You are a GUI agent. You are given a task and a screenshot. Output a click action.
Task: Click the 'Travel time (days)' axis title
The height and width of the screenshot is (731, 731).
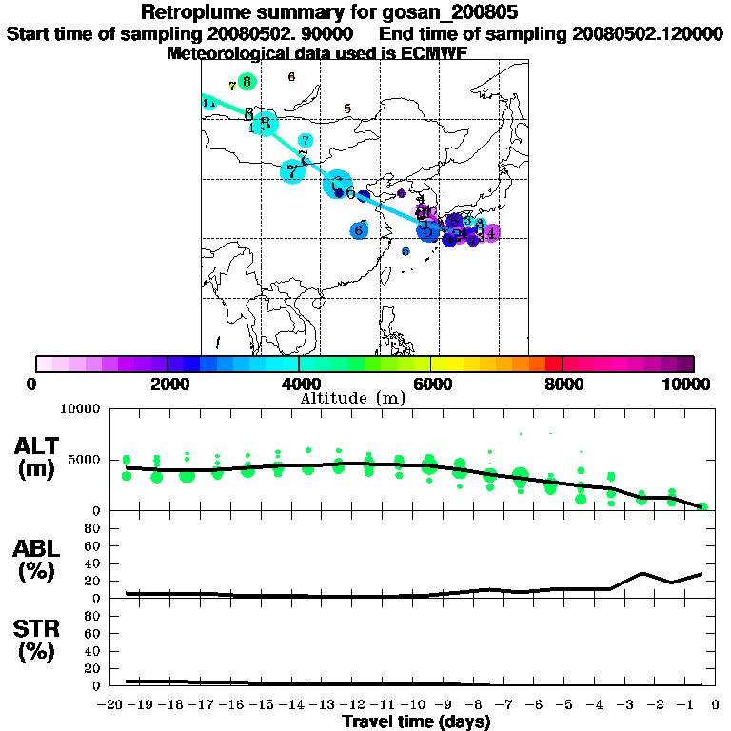coord(416,721)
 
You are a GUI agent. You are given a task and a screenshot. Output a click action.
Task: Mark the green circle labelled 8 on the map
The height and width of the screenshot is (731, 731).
coord(247,82)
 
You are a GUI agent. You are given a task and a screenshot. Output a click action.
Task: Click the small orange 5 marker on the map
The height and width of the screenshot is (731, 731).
coord(347,109)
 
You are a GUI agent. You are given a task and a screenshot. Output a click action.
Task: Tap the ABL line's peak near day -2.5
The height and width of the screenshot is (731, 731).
coord(642,573)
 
